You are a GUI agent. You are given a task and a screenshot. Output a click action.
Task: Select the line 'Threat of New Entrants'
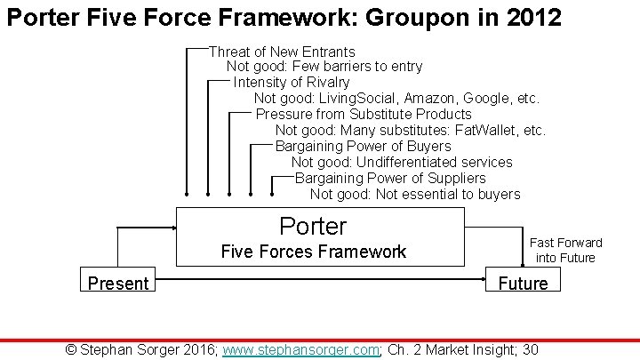pyautogui.click(x=282, y=52)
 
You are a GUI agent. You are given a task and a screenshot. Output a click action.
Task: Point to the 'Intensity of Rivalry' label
pyautogui.click(x=292, y=83)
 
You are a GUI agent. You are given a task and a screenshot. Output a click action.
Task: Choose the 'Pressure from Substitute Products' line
pyautogui.click(x=364, y=115)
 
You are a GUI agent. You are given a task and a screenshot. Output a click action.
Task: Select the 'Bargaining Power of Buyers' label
pyautogui.click(x=363, y=147)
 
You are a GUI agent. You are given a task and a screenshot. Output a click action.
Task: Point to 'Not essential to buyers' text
pyautogui.click(x=448, y=195)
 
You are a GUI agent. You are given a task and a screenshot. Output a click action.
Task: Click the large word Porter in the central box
pyautogui.click(x=313, y=226)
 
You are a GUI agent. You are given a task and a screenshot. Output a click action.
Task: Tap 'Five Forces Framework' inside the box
pyautogui.click(x=313, y=252)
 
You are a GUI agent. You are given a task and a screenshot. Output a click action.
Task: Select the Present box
pyautogui.click(x=117, y=284)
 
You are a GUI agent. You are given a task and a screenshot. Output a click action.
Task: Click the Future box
pyautogui.click(x=523, y=284)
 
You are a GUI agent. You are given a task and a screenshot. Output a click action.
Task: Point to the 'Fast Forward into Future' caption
pyautogui.click(x=565, y=250)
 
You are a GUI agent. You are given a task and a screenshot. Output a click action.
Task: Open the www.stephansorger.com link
pyautogui.click(x=301, y=349)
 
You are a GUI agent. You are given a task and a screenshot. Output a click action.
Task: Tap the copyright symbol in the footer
pyautogui.click(x=72, y=349)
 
